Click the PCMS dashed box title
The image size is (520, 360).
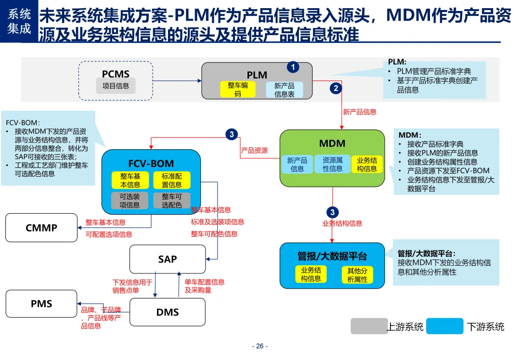click(x=116, y=74)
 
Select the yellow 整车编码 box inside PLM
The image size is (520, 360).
click(x=238, y=90)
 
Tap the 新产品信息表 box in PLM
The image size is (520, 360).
click(x=284, y=90)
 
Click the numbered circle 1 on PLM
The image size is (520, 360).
click(x=293, y=67)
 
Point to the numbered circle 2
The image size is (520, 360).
click(x=336, y=88)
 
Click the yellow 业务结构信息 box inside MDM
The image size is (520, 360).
click(x=367, y=165)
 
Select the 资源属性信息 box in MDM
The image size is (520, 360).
click(x=332, y=165)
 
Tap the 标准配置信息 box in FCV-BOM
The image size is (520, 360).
click(x=171, y=180)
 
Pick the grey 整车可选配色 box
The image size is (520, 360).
click(x=171, y=201)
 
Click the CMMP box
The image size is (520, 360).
click(x=41, y=228)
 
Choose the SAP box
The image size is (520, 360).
click(x=168, y=259)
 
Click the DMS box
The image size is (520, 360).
click(x=168, y=312)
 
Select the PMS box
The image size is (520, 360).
click(x=41, y=304)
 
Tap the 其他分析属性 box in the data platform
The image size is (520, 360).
click(x=357, y=275)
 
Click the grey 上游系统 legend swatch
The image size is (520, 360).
click(x=369, y=326)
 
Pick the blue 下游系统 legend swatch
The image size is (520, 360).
click(x=445, y=326)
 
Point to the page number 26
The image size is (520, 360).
click(x=260, y=346)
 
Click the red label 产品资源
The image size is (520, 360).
click(x=254, y=151)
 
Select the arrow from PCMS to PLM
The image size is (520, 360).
click(x=177, y=80)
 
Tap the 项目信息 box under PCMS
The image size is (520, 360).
click(x=116, y=86)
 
